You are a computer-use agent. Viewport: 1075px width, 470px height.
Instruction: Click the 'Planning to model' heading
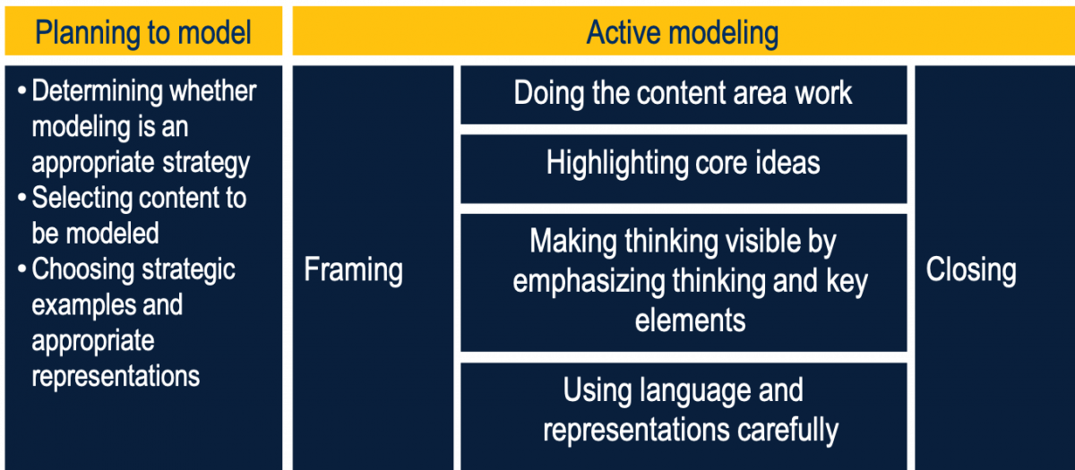[143, 32]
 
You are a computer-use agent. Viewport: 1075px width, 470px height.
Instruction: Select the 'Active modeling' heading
[682, 32]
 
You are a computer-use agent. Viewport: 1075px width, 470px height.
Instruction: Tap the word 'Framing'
[353, 270]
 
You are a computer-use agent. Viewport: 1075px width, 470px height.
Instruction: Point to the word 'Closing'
[970, 270]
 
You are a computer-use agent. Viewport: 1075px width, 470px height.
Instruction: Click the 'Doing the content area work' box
[684, 95]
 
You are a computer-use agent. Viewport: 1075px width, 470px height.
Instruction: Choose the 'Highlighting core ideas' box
[684, 169]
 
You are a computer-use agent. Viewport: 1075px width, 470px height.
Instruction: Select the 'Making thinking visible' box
[684, 283]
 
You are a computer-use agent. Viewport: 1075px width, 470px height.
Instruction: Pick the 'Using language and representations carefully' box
[684, 416]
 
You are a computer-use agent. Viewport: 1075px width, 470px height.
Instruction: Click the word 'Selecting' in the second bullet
[82, 199]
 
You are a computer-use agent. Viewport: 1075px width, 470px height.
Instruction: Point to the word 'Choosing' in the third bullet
[82, 270]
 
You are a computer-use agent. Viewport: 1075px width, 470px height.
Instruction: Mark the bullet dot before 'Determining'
[21, 91]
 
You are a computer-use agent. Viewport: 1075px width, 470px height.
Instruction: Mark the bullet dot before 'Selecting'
[21, 198]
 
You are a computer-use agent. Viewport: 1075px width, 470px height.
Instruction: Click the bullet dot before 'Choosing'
[21, 269]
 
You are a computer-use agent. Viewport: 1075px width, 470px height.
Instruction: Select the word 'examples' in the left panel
[83, 305]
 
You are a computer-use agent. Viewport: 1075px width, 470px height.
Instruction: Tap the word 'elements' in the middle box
[690, 320]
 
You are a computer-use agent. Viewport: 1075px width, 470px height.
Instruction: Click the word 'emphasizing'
[589, 281]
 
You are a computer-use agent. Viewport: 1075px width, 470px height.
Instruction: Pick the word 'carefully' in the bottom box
[788, 430]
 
